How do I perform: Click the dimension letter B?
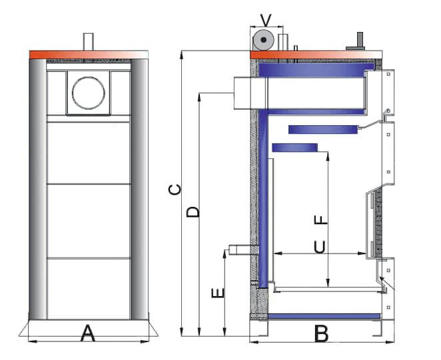(x=322, y=333)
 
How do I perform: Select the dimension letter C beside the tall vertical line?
(x=175, y=190)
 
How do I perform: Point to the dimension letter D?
(x=193, y=212)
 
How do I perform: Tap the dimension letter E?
(x=217, y=292)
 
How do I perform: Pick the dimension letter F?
(x=320, y=220)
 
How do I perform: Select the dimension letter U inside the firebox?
(x=320, y=248)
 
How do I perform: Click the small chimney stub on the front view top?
(x=88, y=42)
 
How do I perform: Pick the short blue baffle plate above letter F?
(x=294, y=147)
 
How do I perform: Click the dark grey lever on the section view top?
(x=357, y=42)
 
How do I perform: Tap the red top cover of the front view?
(x=88, y=54)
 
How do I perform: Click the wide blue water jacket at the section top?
(x=313, y=69)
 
